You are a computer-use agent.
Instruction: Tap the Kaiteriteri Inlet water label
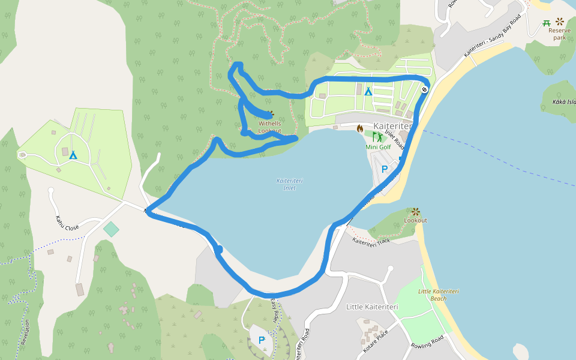[x=290, y=184]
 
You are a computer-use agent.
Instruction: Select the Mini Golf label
[x=378, y=147]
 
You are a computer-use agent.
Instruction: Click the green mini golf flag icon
[x=377, y=137]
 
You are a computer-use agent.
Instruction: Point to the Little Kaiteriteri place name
[x=372, y=307]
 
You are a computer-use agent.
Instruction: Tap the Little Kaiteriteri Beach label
[x=438, y=295]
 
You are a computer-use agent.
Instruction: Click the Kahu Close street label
[x=67, y=223]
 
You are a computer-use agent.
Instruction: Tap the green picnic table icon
[x=547, y=23]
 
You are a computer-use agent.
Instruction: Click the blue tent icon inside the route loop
[x=368, y=91]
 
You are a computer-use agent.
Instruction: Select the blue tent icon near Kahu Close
[x=73, y=155]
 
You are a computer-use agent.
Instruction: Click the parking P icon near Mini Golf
[x=385, y=169]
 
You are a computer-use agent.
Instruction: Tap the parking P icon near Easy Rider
[x=262, y=340]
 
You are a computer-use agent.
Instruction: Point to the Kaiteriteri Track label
[x=371, y=242]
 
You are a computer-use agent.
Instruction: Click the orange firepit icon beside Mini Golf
[x=360, y=128]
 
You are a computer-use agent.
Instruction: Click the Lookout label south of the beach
[x=415, y=220]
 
